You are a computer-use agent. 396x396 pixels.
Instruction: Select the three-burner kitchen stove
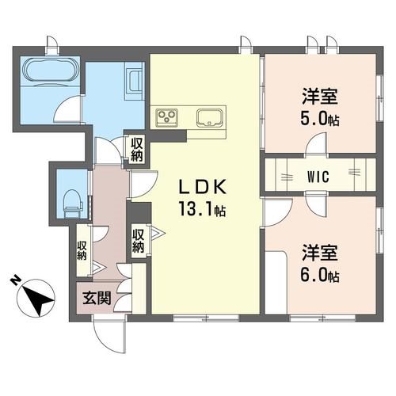coord(168,118)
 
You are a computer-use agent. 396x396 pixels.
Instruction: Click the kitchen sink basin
coord(210,118)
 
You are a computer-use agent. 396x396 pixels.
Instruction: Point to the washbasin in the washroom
coord(133,82)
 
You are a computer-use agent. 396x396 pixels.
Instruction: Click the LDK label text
coord(201,188)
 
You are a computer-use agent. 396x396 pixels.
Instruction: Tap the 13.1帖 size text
coord(203,211)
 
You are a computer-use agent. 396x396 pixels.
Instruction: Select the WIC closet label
coord(319,173)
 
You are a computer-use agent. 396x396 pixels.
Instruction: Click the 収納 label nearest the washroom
coord(137,150)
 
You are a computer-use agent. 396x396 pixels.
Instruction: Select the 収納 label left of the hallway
coord(82,251)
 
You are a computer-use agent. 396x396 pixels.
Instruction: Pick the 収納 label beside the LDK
coord(138,240)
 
